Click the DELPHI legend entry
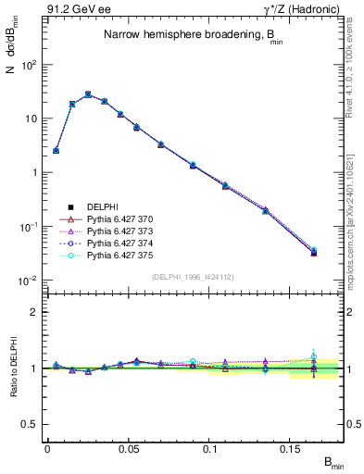(x=92, y=206)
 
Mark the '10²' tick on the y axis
(x=29, y=65)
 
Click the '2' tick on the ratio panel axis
(x=35, y=312)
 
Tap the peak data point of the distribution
(x=88, y=94)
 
